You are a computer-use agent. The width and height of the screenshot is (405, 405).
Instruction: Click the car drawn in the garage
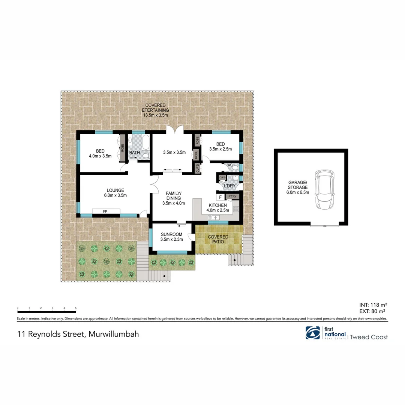(324, 189)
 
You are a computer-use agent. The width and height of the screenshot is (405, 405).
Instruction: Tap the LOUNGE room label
(115, 190)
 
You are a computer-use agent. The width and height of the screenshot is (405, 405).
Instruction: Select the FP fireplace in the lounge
(106, 211)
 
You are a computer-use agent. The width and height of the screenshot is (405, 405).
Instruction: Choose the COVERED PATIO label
(218, 239)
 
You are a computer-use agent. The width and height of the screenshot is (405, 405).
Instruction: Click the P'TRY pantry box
(232, 196)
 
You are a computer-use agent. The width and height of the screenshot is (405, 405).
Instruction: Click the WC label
(230, 165)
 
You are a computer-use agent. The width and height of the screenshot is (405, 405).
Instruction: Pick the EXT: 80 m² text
(373, 311)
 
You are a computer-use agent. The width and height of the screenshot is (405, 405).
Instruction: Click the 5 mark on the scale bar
(76, 308)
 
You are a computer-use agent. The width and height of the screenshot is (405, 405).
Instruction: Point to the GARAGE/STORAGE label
(298, 187)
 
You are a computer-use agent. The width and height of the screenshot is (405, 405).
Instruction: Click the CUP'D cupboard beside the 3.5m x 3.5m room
(198, 168)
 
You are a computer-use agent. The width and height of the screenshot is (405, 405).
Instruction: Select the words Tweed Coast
(370, 337)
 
